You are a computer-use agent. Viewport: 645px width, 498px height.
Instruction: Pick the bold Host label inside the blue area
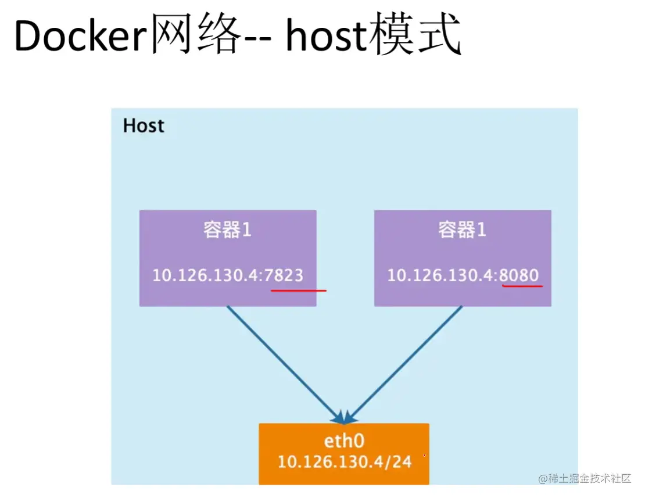144,126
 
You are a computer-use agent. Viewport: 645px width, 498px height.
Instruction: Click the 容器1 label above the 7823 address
227,230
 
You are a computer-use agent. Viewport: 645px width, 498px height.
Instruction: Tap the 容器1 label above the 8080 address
462,230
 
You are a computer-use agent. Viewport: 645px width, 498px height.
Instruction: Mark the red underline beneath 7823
298,289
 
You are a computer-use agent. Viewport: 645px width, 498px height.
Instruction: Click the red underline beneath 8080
521,285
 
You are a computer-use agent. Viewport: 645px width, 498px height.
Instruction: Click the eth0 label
343,441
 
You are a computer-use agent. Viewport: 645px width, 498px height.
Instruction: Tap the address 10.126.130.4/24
344,462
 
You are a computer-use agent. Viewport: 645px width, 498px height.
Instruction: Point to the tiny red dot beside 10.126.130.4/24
424,455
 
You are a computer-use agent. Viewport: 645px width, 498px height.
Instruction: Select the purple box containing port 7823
228,258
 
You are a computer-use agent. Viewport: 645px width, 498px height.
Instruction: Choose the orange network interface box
344,453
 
